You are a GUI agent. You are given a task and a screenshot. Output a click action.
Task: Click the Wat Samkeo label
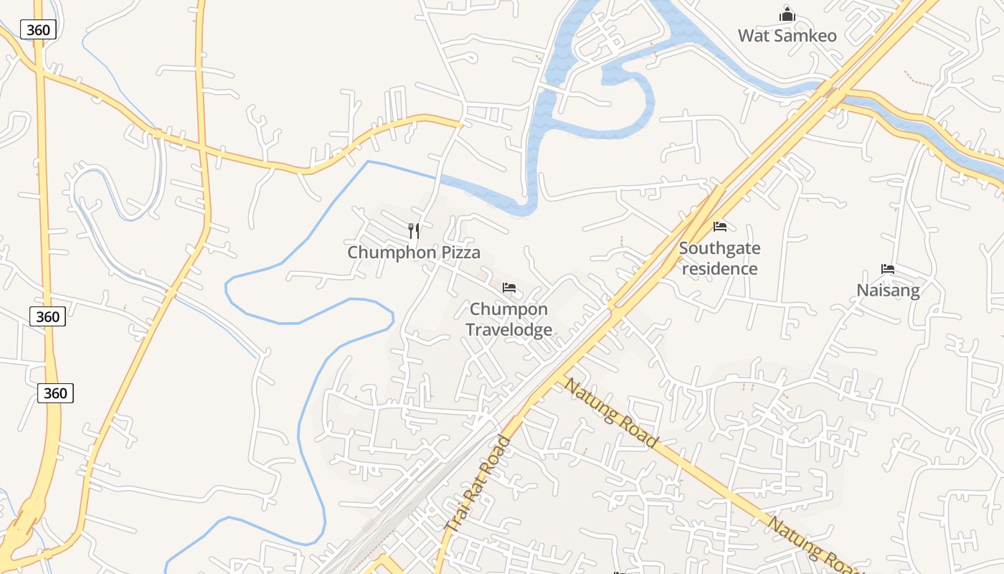pos(787,35)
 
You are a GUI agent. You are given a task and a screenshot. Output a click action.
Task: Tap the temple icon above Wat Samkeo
pos(787,14)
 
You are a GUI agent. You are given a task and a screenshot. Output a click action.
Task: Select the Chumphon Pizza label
pos(414,253)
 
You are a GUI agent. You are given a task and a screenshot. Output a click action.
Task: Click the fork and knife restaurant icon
pos(414,230)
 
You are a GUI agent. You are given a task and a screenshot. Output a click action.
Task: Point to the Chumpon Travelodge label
pos(509,319)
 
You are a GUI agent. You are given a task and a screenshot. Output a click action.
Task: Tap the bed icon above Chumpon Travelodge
pos(509,288)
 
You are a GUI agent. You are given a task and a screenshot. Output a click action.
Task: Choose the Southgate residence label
pos(719,258)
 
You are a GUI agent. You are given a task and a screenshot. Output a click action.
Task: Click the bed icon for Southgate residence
pos(720,227)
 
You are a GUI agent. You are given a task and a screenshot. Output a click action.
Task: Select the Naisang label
pos(888,290)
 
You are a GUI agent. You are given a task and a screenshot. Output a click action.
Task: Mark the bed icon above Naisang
pos(888,270)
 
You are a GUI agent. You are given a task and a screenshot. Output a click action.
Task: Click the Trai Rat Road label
pos(478,484)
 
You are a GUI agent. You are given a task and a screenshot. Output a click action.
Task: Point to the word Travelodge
pos(509,329)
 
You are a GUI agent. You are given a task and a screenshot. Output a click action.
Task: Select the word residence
pos(719,268)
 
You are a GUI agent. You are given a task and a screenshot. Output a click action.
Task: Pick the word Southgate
pos(719,248)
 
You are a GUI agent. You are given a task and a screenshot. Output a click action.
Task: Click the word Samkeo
pos(806,35)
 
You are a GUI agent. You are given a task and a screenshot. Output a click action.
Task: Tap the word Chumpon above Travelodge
pos(509,309)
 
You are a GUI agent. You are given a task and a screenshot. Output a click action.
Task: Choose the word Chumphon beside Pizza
pos(392,253)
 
